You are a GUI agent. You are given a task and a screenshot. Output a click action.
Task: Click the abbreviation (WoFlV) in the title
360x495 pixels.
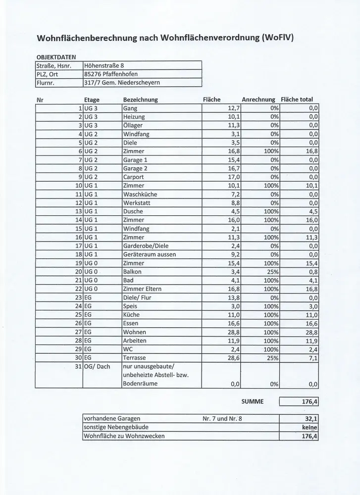tap(270, 38)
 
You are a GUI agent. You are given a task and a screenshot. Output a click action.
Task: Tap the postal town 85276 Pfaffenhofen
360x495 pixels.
tap(112, 74)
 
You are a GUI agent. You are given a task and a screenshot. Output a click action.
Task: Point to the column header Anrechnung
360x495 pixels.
tap(258, 99)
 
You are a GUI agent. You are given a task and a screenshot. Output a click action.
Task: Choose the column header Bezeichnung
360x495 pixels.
tap(140, 99)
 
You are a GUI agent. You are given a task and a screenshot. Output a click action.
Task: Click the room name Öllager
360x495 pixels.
tap(133, 125)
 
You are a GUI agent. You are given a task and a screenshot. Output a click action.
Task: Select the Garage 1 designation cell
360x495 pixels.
tap(135, 160)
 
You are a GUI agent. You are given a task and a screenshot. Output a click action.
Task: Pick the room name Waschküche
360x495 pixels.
tap(140, 195)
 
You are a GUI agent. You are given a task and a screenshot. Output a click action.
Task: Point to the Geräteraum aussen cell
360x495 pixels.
tap(148, 254)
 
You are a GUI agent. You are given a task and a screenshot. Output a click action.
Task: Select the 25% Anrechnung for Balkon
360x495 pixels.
tap(272, 272)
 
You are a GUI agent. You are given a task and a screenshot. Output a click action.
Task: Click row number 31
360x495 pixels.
tap(77, 367)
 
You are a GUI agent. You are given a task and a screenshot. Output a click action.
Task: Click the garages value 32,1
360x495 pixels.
tap(311, 418)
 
